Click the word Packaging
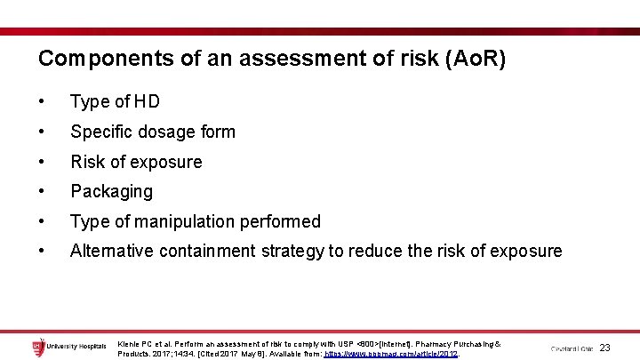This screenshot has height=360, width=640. point(112,191)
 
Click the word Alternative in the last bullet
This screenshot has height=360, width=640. point(111,251)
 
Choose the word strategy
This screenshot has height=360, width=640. point(292,251)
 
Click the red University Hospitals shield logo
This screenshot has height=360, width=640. point(38,348)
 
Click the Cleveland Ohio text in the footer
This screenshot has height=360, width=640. point(571,348)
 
